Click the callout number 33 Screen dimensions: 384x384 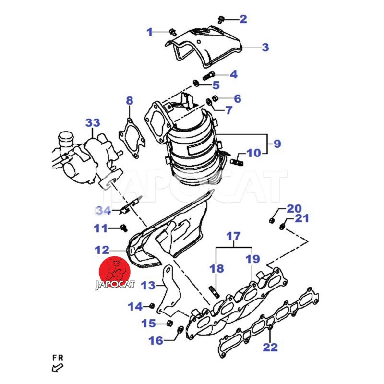click(93, 123)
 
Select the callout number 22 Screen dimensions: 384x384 click(270, 347)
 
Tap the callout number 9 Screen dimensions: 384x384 click(277, 144)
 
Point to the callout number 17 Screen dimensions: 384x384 click(233, 236)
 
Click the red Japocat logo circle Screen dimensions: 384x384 click(114, 272)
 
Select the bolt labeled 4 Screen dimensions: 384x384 click(209, 75)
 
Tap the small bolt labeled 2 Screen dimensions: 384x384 click(221, 20)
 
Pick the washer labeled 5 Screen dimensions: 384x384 click(196, 84)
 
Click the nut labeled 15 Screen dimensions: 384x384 click(169, 323)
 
